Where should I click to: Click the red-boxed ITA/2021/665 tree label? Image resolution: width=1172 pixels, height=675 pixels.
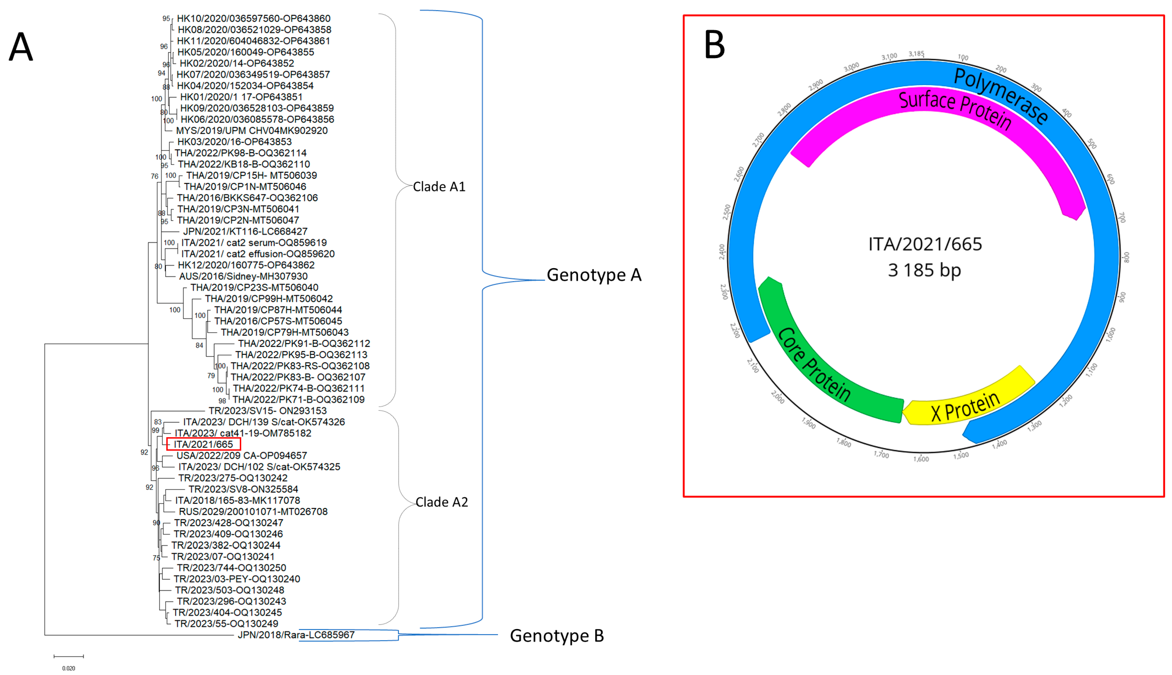click(x=203, y=444)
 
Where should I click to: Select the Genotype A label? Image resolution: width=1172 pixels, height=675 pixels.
click(x=594, y=275)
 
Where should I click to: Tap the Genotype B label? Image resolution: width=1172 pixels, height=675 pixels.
click(x=557, y=636)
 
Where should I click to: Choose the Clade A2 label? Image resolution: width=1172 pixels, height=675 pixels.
click(x=441, y=502)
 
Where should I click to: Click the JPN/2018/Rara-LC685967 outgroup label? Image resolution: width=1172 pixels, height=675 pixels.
click(x=296, y=635)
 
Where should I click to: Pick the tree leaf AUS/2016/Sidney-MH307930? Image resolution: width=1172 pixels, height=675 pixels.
click(x=243, y=276)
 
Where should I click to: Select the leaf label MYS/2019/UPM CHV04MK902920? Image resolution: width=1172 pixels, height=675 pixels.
click(x=252, y=131)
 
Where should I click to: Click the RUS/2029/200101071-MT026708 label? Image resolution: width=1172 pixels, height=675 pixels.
click(x=253, y=512)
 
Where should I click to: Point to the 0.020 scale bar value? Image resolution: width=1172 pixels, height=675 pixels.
click(x=69, y=668)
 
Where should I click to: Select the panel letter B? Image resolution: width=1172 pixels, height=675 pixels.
click(x=714, y=45)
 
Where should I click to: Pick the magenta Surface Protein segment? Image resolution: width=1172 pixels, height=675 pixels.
click(x=955, y=111)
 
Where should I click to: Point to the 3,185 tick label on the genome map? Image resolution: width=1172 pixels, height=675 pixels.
click(x=916, y=54)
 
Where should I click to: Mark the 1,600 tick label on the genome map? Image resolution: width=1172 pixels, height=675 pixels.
click(x=921, y=459)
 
